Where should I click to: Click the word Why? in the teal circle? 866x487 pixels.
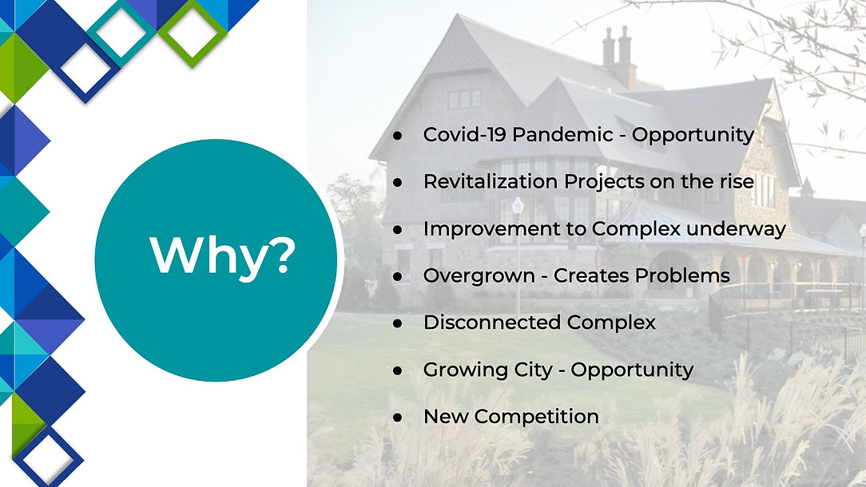pos(223,255)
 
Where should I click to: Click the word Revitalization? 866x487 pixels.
pos(490,181)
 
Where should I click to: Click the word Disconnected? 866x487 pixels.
pos(491,322)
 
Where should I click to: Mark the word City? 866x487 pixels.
pos(533,370)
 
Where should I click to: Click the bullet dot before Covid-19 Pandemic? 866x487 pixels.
pos(398,135)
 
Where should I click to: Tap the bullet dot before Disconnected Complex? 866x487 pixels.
pos(398,323)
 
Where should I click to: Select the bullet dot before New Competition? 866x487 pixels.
pos(398,418)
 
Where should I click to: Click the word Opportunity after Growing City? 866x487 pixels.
pos(633,370)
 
